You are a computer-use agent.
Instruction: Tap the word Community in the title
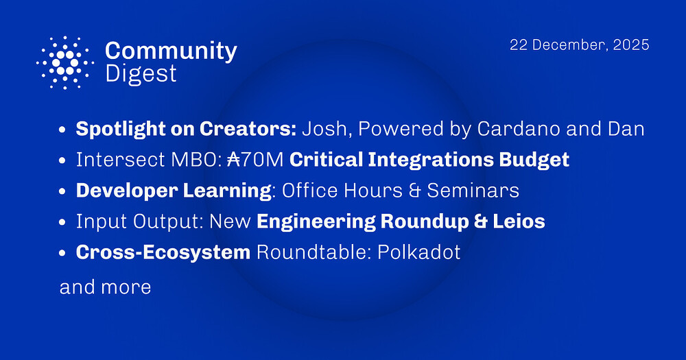171,51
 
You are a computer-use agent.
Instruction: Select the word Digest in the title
141,73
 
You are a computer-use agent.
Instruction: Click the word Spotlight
118,128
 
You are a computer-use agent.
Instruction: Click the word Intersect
115,160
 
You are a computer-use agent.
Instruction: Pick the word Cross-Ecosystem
163,252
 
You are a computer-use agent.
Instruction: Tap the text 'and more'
105,287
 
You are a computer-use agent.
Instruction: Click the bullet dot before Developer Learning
63,191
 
